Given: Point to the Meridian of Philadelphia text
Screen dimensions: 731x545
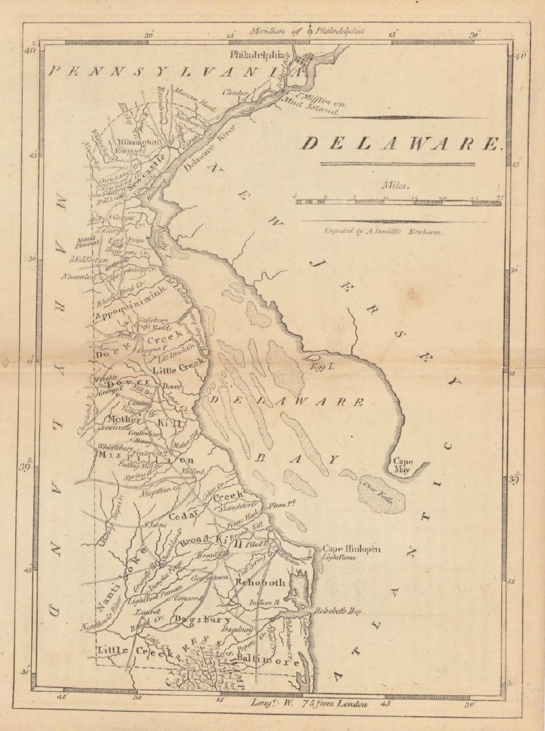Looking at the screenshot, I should [x=306, y=30].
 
